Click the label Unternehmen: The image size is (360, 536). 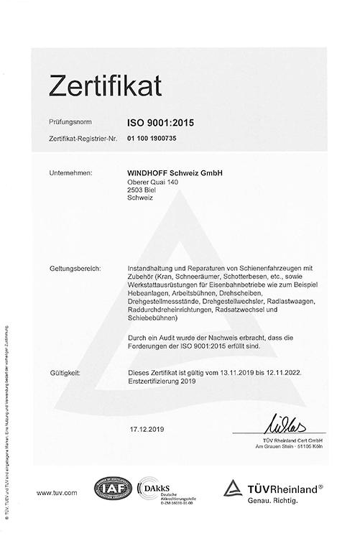point(70,174)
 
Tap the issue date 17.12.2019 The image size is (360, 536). point(143,429)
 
